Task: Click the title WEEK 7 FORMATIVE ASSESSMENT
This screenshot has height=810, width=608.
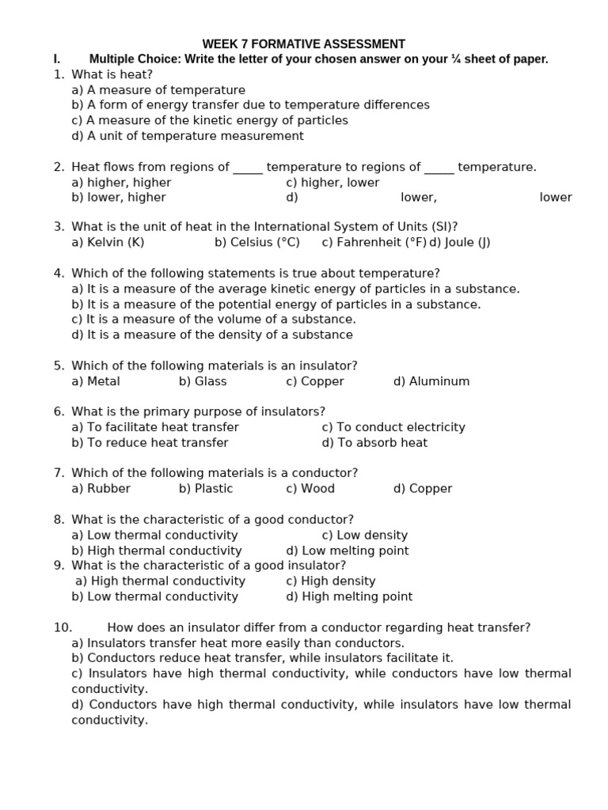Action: (303, 44)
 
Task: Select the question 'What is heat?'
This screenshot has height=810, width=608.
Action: (112, 74)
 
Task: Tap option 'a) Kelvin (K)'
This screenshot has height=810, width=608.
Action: (108, 243)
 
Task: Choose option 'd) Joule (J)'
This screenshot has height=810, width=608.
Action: (459, 243)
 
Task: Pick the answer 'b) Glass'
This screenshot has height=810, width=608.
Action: (203, 381)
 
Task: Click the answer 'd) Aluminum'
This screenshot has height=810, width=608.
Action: (431, 381)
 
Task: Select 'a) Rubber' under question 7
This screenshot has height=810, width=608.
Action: (101, 489)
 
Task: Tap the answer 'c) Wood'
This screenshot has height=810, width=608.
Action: (310, 489)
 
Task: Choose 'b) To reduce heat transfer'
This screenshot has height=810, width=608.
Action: (150, 443)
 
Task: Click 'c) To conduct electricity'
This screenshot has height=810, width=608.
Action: (393, 427)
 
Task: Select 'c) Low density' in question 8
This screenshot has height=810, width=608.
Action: (365, 536)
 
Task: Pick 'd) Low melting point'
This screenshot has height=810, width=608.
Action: (348, 551)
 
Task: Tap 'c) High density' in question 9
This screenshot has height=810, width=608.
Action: (331, 581)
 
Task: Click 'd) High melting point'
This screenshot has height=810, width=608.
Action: (349, 596)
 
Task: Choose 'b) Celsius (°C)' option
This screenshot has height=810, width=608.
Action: (257, 243)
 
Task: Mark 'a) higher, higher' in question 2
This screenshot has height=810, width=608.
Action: (121, 183)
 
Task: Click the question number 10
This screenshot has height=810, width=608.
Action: (63, 628)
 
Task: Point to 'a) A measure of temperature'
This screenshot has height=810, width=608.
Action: (158, 90)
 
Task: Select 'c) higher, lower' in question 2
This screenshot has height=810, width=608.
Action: (332, 183)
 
